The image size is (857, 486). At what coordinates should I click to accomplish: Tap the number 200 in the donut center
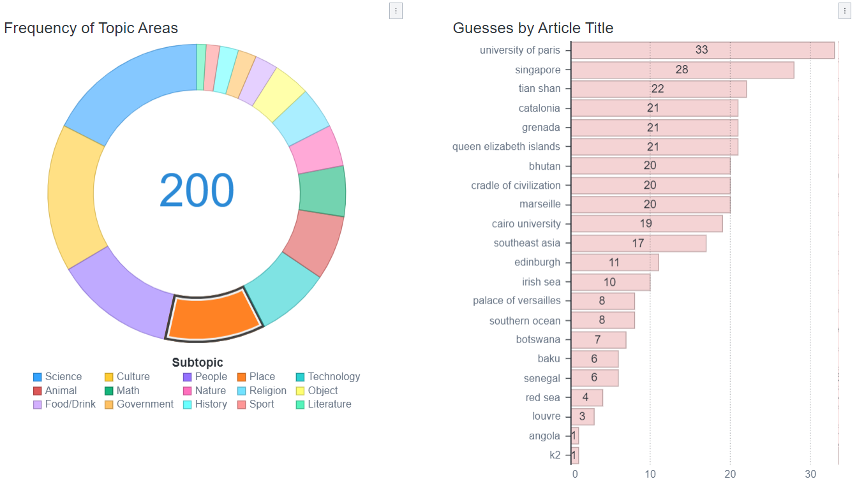point(197,191)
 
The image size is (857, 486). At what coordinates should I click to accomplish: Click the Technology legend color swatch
point(301,377)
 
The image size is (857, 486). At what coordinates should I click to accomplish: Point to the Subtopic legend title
point(197,363)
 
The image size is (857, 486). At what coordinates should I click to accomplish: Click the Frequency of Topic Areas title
point(91,28)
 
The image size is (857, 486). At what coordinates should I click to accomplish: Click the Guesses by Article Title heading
point(533,28)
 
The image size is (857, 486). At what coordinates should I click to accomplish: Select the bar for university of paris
point(702,50)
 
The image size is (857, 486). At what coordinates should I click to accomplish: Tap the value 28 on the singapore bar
point(682,70)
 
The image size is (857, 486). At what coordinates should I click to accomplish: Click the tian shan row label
point(539,89)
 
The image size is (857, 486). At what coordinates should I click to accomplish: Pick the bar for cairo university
point(646,224)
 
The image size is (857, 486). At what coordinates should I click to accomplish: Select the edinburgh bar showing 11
point(615,262)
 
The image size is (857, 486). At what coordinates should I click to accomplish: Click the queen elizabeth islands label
point(506,147)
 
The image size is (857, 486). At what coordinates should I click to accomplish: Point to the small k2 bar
point(575,455)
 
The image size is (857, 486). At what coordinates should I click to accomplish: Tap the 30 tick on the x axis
point(810,474)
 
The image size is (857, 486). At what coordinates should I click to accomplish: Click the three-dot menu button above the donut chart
point(396,11)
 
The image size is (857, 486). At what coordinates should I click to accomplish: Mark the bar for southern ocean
point(602,320)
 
